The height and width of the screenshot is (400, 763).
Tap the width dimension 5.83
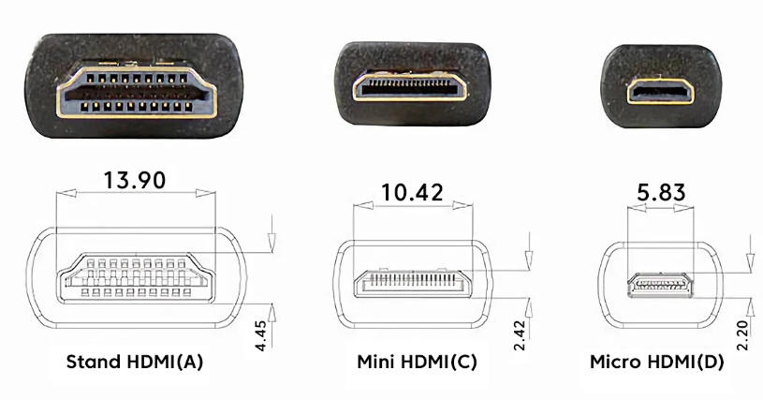[x=659, y=193]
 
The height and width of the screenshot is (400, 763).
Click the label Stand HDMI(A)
[x=135, y=362]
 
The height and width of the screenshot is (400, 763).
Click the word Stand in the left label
[x=92, y=362]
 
